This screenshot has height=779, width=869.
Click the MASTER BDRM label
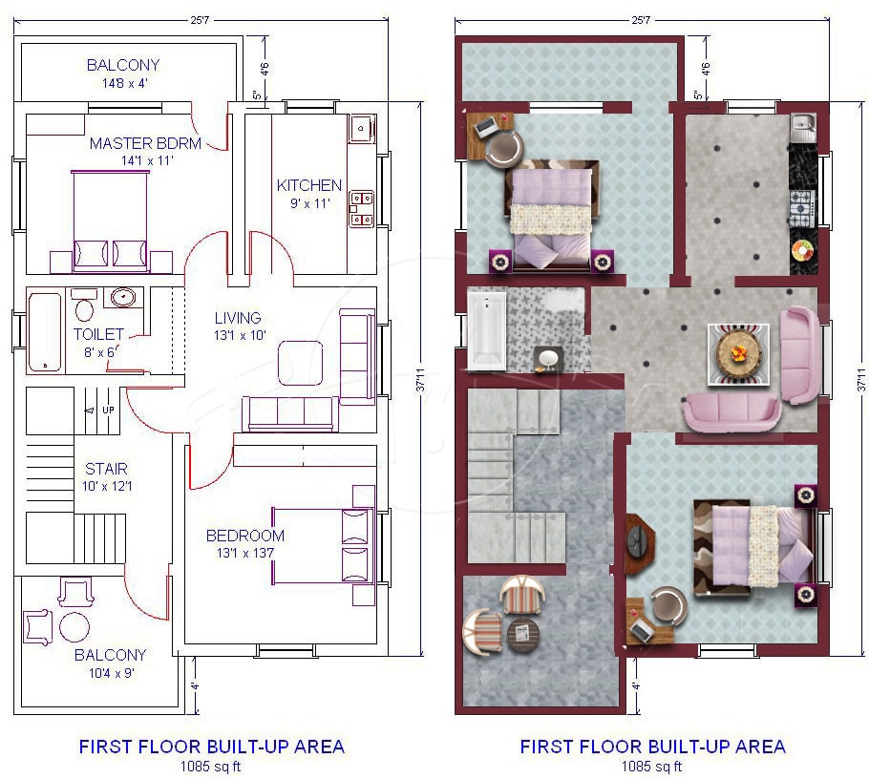pyautogui.click(x=145, y=143)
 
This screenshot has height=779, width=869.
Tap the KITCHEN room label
pyautogui.click(x=309, y=185)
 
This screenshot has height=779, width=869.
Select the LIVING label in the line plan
pyautogui.click(x=238, y=318)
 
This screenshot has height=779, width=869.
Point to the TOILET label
pyautogui.click(x=98, y=334)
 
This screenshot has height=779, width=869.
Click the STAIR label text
pyautogui.click(x=106, y=469)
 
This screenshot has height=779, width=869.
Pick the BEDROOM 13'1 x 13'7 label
pyautogui.click(x=245, y=543)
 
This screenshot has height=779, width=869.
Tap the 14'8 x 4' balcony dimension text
pyautogui.click(x=125, y=83)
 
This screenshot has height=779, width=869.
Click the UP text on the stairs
pyautogui.click(x=108, y=410)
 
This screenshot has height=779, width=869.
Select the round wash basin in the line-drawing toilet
pyautogui.click(x=122, y=297)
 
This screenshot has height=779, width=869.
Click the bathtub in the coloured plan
pyautogui.click(x=487, y=330)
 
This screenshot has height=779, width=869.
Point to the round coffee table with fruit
pyautogui.click(x=737, y=354)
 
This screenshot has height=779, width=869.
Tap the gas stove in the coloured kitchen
pyautogui.click(x=801, y=208)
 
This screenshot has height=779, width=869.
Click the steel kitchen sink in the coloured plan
pyautogui.click(x=801, y=129)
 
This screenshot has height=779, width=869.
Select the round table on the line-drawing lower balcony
pyautogui.click(x=74, y=626)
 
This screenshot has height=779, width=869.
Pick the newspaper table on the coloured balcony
pyautogui.click(x=522, y=633)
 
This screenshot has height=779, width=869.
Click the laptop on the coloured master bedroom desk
pyautogui.click(x=485, y=127)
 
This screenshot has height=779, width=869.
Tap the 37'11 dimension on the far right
pyautogui.click(x=860, y=380)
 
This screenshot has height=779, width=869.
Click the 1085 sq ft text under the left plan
pyautogui.click(x=211, y=767)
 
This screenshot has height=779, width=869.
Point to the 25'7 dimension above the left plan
pyautogui.click(x=200, y=20)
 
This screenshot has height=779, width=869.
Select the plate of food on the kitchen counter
pyautogui.click(x=802, y=250)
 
